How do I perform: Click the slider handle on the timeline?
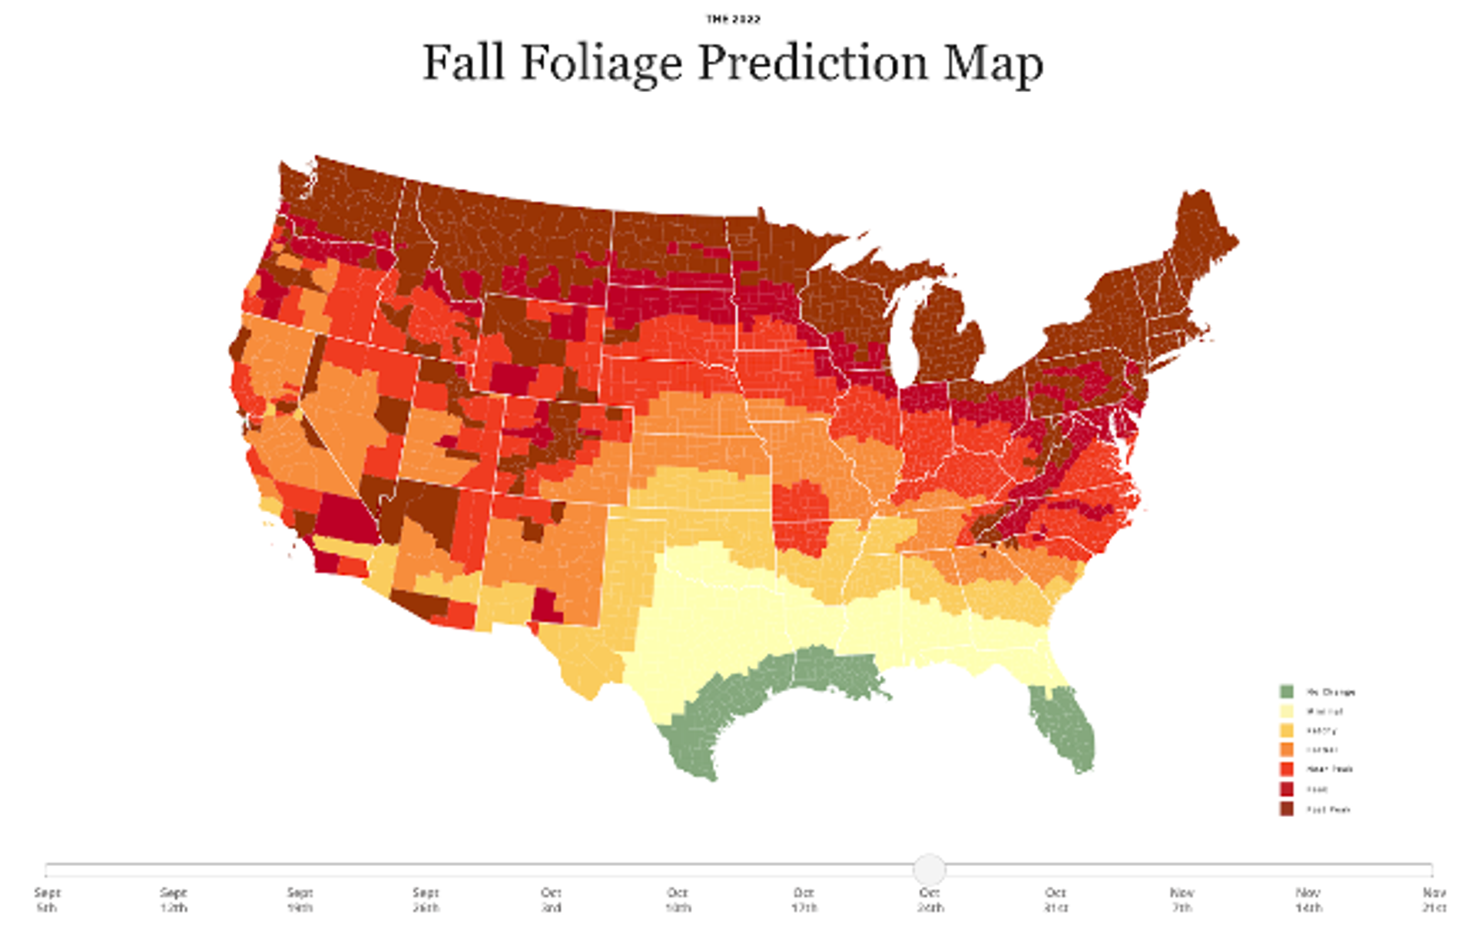[930, 869]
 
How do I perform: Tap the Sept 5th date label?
[47, 900]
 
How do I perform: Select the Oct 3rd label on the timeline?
[551, 900]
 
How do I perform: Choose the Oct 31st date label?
[1056, 900]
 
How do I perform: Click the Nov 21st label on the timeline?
[1434, 900]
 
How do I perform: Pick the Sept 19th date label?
[300, 900]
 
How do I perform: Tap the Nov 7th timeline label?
[1182, 900]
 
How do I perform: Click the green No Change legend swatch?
[1286, 691]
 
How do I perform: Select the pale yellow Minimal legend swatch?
[1286, 711]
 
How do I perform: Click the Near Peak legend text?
[1330, 769]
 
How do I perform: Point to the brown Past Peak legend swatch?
[1286, 809]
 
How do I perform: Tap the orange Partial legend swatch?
[1286, 750]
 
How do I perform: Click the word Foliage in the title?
[602, 63]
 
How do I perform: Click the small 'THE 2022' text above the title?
[733, 19]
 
